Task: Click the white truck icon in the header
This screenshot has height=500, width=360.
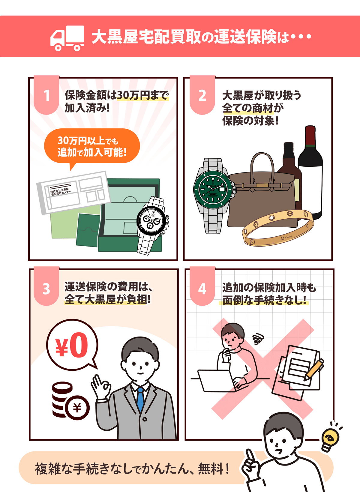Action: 67,38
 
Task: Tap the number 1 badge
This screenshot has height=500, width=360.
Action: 46,95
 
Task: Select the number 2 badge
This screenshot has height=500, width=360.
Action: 202,95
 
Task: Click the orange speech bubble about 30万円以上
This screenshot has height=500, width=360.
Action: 92,147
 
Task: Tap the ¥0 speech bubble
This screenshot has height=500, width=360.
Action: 72,345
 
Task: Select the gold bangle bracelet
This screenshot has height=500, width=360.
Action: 278,228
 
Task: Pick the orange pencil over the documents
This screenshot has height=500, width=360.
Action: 313,370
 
